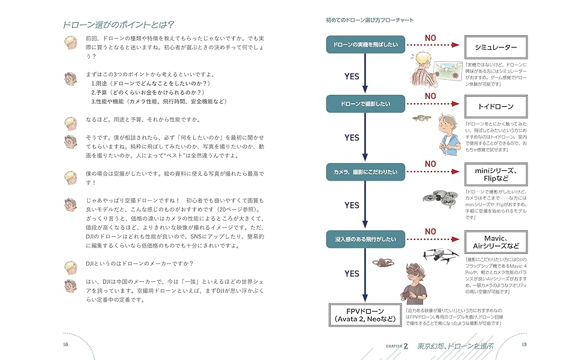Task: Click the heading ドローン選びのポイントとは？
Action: coord(118,25)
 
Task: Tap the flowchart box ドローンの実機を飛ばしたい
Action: coord(365,46)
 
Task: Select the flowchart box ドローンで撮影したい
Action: coord(365,104)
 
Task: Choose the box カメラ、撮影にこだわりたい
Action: coord(365,173)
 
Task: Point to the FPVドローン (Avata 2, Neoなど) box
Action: coord(364,314)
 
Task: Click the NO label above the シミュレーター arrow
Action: coord(430,37)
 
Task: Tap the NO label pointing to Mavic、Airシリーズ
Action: coord(430,232)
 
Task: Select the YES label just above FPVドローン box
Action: coord(352,274)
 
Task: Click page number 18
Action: coord(65,344)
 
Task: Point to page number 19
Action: coord(524,344)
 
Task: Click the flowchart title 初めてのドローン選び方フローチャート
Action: coord(370,20)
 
